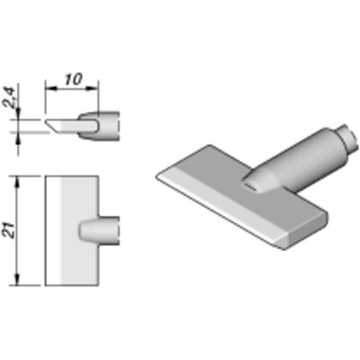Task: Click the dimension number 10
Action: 73,79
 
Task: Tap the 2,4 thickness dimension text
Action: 10,97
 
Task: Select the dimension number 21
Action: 12,230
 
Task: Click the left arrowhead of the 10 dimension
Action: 51,88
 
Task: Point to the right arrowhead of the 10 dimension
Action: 93,88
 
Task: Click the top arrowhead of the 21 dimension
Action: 18,182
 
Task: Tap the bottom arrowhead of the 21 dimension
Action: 18,279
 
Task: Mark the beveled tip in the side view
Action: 51,126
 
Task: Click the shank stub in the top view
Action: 99,230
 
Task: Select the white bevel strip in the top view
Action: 53,230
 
